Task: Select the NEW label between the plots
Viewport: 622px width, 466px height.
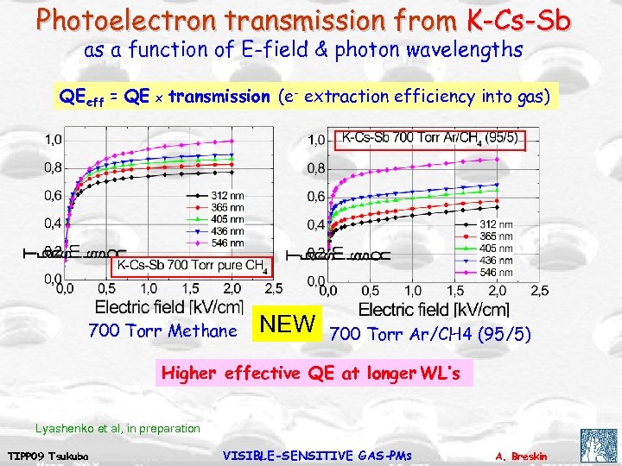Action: pyautogui.click(x=289, y=324)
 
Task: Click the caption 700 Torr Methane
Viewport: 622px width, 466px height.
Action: pyautogui.click(x=162, y=331)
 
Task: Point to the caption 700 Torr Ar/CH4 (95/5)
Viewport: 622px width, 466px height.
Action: pyautogui.click(x=431, y=333)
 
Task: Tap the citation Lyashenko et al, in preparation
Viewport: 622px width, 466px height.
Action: pyautogui.click(x=117, y=428)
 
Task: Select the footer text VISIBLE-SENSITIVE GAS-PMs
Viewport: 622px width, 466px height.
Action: pyautogui.click(x=317, y=455)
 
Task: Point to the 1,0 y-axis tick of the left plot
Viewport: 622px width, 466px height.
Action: pyautogui.click(x=54, y=139)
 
